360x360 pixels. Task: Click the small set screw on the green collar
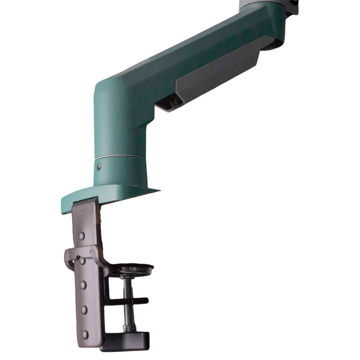pyautogui.click(x=99, y=166)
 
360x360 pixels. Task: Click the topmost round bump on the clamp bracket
pyautogui.click(x=82, y=236)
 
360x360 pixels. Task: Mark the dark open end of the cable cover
pyautogui.click(x=169, y=104)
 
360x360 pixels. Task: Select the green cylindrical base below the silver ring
pyautogui.click(x=121, y=173)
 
